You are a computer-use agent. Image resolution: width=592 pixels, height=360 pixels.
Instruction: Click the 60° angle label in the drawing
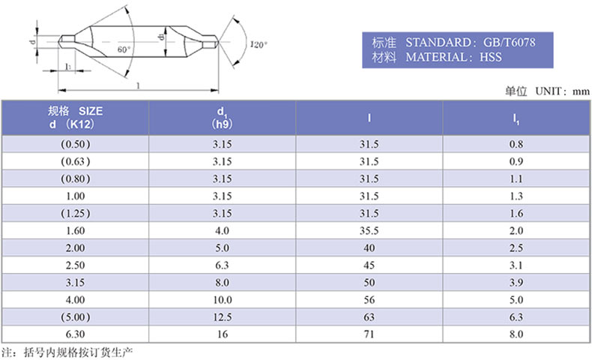click(124, 49)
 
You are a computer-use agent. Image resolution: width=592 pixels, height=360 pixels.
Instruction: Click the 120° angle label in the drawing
click(259, 44)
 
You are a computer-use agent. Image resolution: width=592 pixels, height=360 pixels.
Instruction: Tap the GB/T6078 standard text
click(510, 42)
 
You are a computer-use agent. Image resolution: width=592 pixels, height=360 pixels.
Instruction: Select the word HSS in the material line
click(490, 57)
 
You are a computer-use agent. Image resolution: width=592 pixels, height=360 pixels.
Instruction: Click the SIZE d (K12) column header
click(75, 118)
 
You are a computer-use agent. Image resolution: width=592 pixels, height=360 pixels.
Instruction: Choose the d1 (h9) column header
click(222, 118)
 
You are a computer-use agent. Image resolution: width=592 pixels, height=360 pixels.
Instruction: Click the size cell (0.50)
click(76, 144)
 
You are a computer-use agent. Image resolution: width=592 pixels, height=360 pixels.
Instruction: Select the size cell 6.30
click(75, 334)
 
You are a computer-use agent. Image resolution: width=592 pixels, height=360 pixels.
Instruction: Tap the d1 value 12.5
click(222, 317)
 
